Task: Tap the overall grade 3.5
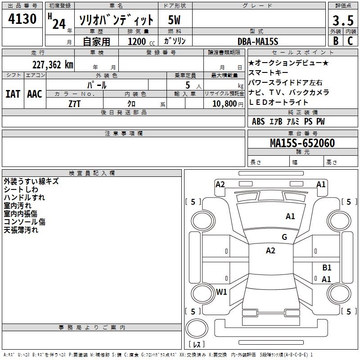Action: pyautogui.click(x=342, y=21)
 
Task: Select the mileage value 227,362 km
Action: pyautogui.click(x=53, y=64)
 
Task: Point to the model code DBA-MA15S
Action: pyautogui.click(x=258, y=41)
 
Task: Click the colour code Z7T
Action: pyautogui.click(x=75, y=103)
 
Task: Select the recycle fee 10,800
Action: pyautogui.click(x=224, y=103)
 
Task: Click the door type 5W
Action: pyautogui.click(x=175, y=20)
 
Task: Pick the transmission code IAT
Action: pyautogui.click(x=13, y=94)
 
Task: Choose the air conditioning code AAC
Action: pyautogui.click(x=35, y=94)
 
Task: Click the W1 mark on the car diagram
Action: pyautogui.click(x=221, y=292)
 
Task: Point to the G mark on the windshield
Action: pyautogui.click(x=284, y=237)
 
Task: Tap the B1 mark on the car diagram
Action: pyautogui.click(x=327, y=268)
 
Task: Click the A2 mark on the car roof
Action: pyautogui.click(x=270, y=251)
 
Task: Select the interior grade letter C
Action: pyautogui.click(x=350, y=40)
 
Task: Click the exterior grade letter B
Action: pyautogui.click(x=335, y=40)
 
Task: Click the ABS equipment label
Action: pyautogui.click(x=258, y=121)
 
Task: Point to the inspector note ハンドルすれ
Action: pyautogui.click(x=24, y=198)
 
